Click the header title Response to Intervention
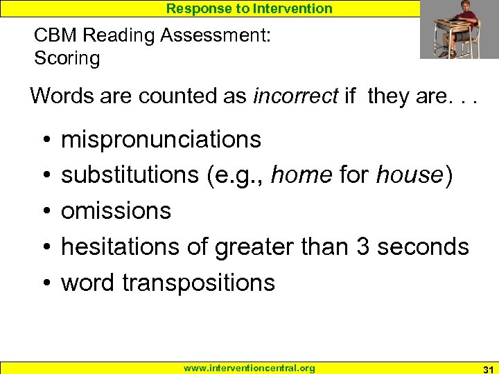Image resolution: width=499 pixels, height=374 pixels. [249, 8]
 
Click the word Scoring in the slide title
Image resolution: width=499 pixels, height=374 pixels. [67, 58]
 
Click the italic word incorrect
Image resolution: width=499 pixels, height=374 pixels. [296, 96]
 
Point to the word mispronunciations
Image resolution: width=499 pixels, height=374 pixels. [161, 140]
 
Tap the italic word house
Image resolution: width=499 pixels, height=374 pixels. [409, 175]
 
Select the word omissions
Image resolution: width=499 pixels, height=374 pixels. [116, 211]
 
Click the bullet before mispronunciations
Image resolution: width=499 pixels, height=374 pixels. [44, 141]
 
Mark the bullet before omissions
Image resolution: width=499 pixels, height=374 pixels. [44, 211]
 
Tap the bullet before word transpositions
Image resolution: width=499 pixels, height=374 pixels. [44, 283]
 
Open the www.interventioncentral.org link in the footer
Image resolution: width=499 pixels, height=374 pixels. [249, 368]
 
